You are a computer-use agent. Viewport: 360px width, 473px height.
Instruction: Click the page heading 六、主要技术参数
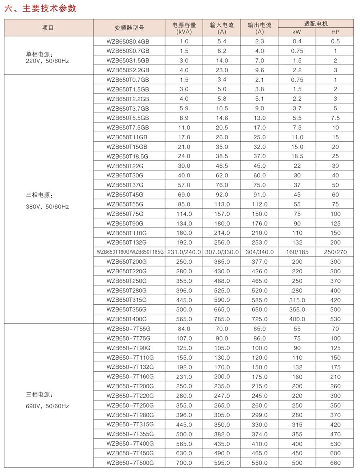pos(40,8)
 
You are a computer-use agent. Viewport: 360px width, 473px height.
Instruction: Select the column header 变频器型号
pos(129,28)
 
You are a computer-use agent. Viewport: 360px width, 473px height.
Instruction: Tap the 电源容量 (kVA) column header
pos(184,28)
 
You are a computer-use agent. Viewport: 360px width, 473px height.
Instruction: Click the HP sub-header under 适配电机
pos(335,32)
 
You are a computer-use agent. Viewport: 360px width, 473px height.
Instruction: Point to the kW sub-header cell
pos(297,32)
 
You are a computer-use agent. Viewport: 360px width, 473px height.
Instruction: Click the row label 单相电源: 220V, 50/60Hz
pos(47,58)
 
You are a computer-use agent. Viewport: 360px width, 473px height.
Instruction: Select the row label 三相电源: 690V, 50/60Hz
pos(47,400)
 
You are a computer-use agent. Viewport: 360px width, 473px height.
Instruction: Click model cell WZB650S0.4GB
pos(128,41)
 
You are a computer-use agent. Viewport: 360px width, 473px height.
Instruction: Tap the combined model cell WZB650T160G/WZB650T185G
pos(130,252)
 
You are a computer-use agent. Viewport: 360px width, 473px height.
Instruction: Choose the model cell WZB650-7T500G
pos(130,463)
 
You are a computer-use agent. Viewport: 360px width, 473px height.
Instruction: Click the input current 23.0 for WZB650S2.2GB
pos(222,70)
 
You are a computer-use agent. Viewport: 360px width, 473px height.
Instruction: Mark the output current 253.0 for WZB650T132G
pos(260,242)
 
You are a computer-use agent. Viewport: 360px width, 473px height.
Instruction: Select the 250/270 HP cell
pos(335,252)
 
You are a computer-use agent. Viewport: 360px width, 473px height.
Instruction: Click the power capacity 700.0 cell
pos(184,463)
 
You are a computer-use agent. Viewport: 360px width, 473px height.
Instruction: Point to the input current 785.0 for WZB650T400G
pos(222,319)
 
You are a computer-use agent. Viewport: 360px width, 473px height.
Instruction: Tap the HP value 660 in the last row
pos(335,463)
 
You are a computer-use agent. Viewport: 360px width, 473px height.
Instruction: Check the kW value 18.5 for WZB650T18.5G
pos(297,156)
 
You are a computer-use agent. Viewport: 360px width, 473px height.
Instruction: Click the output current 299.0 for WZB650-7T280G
pos(260,415)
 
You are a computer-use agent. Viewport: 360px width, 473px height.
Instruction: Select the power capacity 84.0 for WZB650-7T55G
pos(184,329)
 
